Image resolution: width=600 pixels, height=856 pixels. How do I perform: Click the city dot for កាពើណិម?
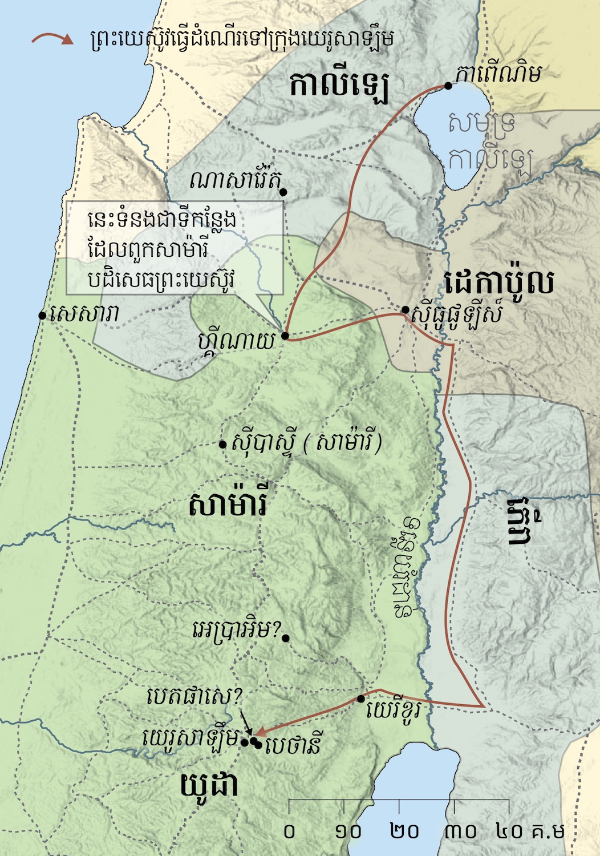pos(448,86)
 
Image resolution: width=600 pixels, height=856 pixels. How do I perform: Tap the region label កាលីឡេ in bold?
pos(339,86)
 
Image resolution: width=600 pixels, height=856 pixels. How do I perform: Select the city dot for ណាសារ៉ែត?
pos(283,192)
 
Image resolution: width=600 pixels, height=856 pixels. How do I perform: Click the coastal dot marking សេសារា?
pos(42,315)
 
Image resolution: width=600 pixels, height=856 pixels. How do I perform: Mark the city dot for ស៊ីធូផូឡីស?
pos(405,310)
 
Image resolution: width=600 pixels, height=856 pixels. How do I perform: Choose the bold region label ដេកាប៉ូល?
pos(498,282)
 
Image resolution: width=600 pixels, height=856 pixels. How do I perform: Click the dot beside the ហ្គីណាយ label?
pos(285,336)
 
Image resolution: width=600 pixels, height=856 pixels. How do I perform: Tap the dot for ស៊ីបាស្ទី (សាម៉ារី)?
pos(223,445)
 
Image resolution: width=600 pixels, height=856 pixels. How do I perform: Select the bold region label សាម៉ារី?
pos(228,506)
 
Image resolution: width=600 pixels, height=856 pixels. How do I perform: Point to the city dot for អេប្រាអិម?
pos(286,638)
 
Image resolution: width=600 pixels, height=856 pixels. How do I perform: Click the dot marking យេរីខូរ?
pos(360,698)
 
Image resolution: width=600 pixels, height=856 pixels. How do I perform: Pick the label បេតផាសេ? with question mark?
pos(195,696)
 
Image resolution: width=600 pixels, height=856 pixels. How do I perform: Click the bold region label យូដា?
pos(209,786)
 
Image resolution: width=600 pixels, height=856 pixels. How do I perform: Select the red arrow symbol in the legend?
pos(52,39)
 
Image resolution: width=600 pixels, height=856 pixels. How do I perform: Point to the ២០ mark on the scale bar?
pos(404,831)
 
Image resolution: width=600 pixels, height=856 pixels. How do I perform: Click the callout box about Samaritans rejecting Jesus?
pos(175,248)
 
